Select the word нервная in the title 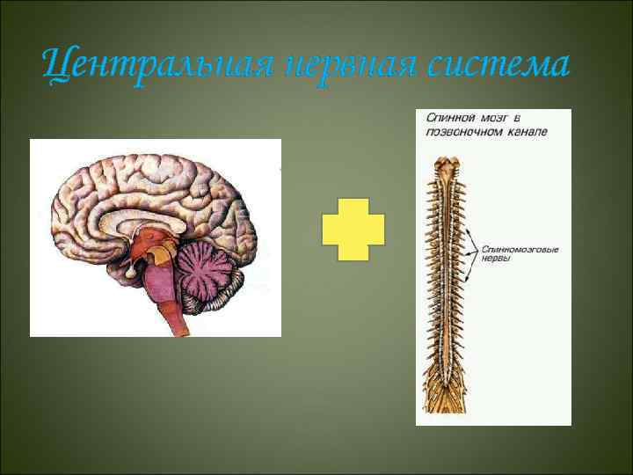pos(338,63)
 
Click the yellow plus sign pos(353,229)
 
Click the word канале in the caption pos(527,130)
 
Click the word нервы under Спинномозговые pos(498,261)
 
